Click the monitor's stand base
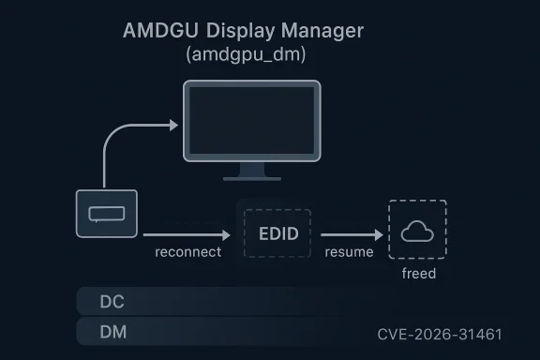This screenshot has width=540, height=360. [x=251, y=178]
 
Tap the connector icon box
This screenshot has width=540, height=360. [x=106, y=214]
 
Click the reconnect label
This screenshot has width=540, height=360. [x=188, y=253]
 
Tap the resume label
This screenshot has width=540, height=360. [x=350, y=253]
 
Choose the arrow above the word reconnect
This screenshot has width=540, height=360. [x=187, y=234]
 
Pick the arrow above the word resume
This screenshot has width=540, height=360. [x=352, y=234]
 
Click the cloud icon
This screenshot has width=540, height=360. [x=417, y=232]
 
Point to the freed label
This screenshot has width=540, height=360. [x=418, y=274]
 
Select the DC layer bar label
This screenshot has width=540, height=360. [x=112, y=303]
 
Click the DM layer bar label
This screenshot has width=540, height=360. [x=112, y=332]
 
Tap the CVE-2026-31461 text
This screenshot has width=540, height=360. [x=440, y=334]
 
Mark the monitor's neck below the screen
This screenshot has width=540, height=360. [x=251, y=168]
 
